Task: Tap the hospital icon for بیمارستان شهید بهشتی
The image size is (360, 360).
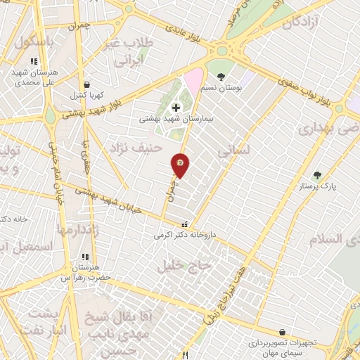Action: point(175,108)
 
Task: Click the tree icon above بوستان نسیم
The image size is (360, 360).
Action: point(221,77)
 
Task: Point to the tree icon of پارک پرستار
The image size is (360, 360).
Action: point(317,175)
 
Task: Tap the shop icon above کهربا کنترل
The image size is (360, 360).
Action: point(86,84)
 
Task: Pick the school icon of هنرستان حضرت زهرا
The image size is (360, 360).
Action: point(84,257)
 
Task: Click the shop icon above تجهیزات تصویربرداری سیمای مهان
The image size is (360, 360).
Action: point(282,332)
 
